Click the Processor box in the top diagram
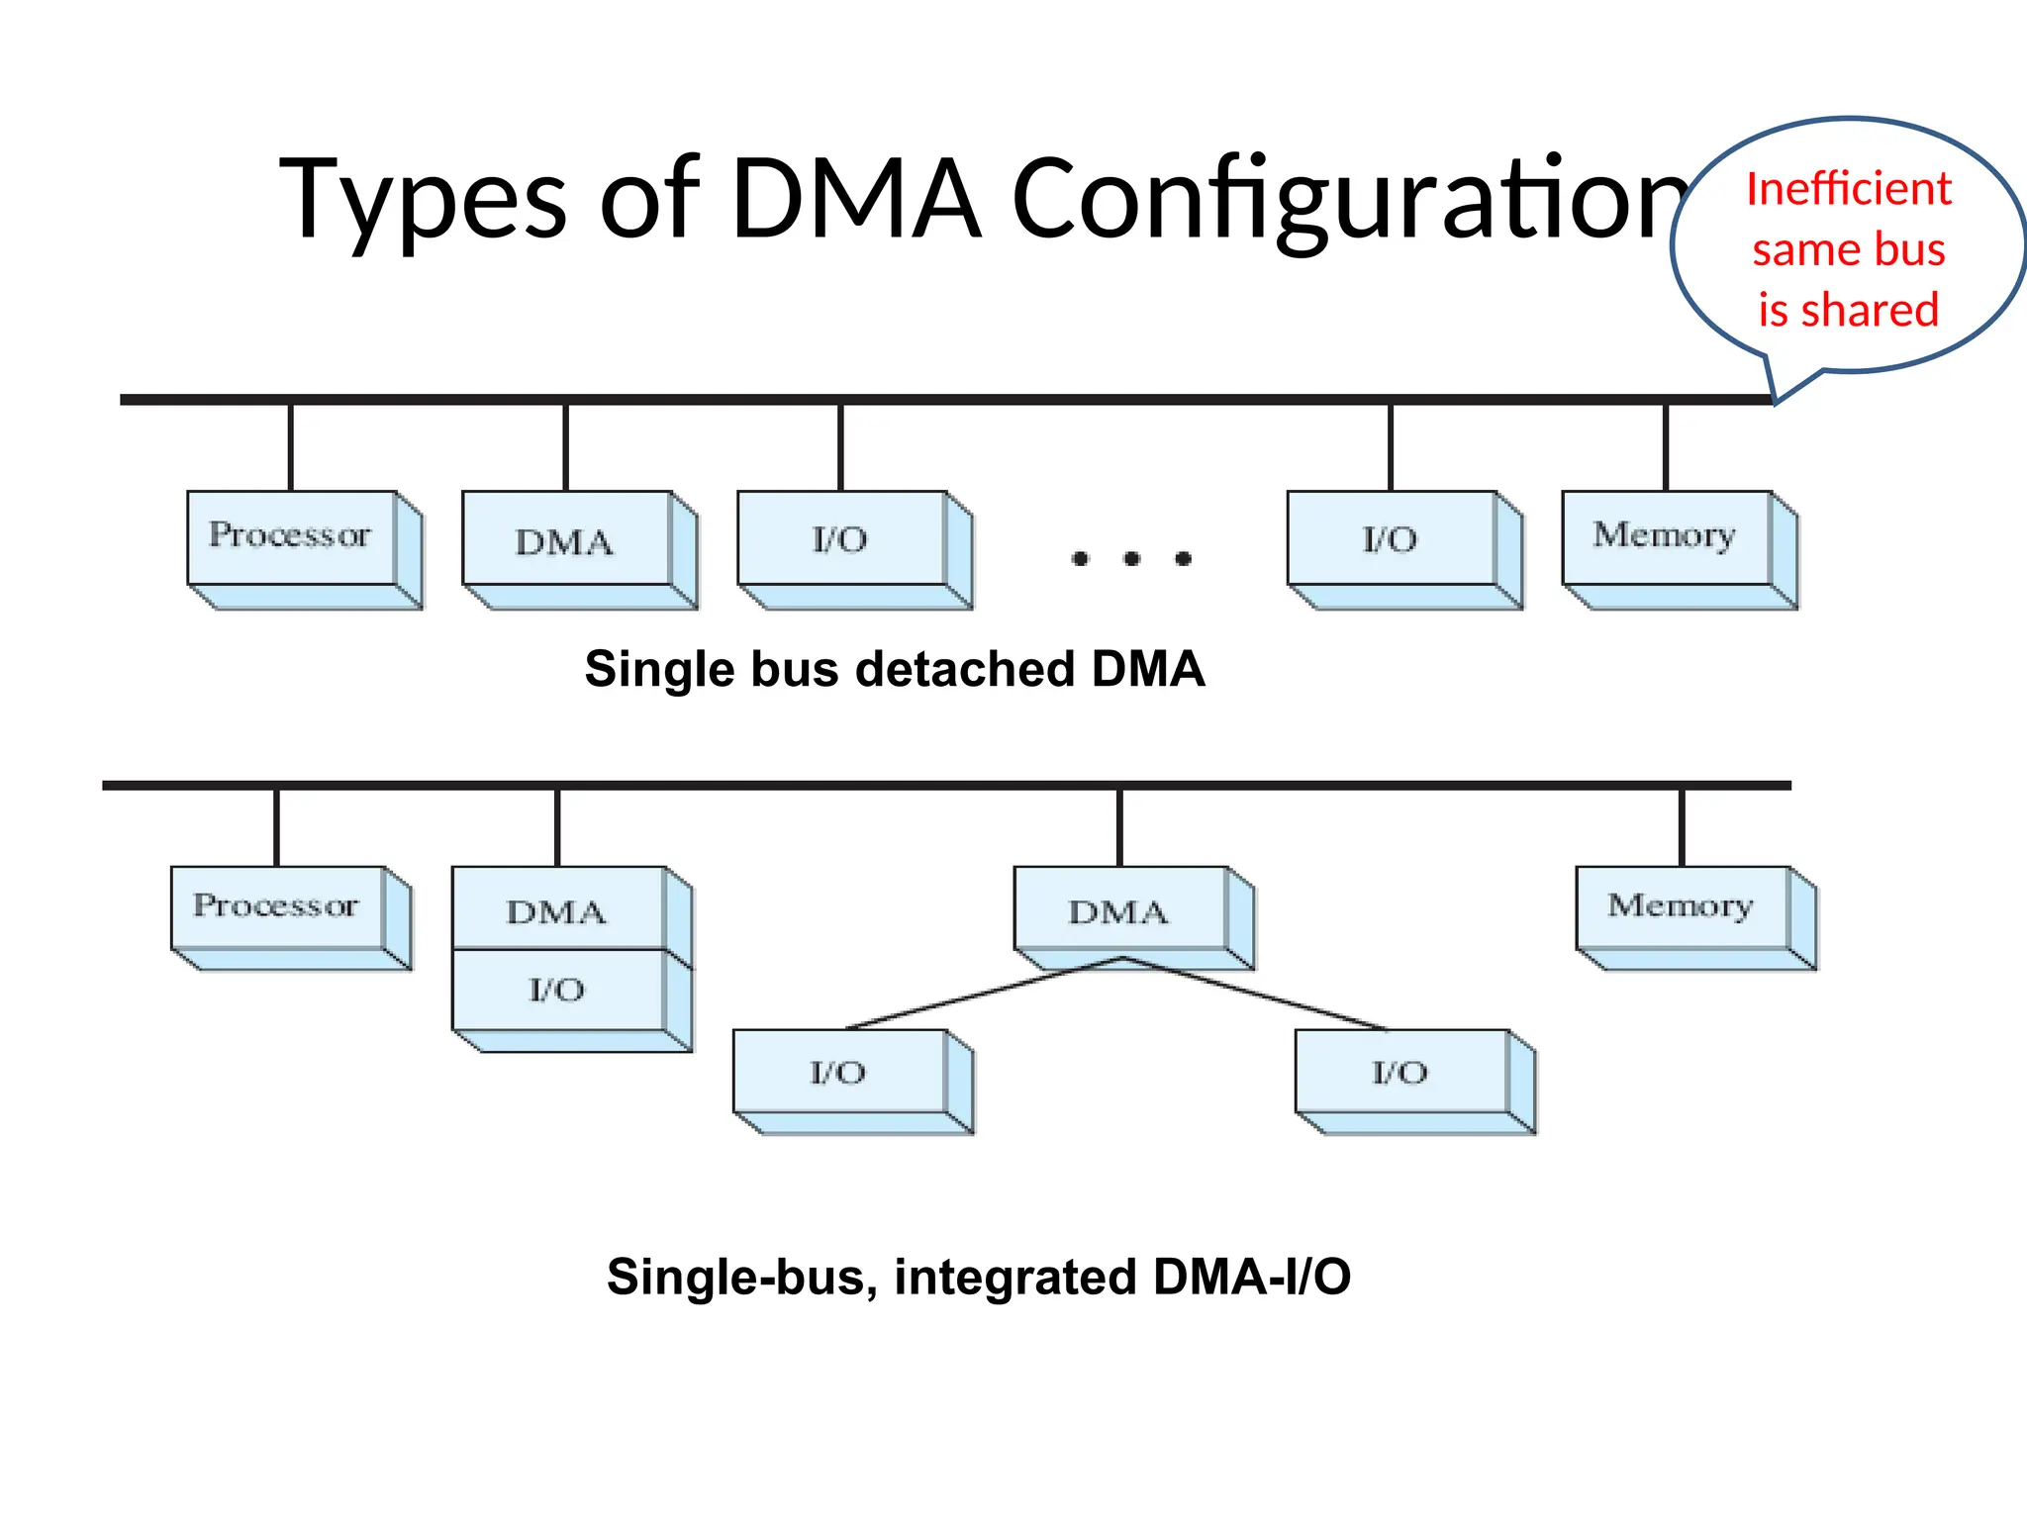click(x=291, y=536)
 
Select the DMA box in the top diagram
click(x=566, y=540)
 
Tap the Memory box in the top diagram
click(x=1667, y=536)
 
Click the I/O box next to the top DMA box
click(x=841, y=539)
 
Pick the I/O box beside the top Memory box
click(x=1391, y=539)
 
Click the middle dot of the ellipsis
click(x=1131, y=559)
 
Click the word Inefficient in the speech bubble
click(x=1848, y=189)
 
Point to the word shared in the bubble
click(x=1869, y=311)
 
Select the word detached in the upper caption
click(x=965, y=670)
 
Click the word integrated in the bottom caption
click(x=1014, y=1277)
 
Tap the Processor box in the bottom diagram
click(x=277, y=906)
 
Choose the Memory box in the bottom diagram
click(x=1682, y=906)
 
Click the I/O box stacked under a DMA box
click(x=557, y=990)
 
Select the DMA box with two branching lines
click(x=1119, y=910)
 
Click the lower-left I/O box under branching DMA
click(x=839, y=1073)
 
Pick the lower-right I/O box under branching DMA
click(x=1400, y=1073)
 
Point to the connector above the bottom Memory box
click(x=1682, y=827)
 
